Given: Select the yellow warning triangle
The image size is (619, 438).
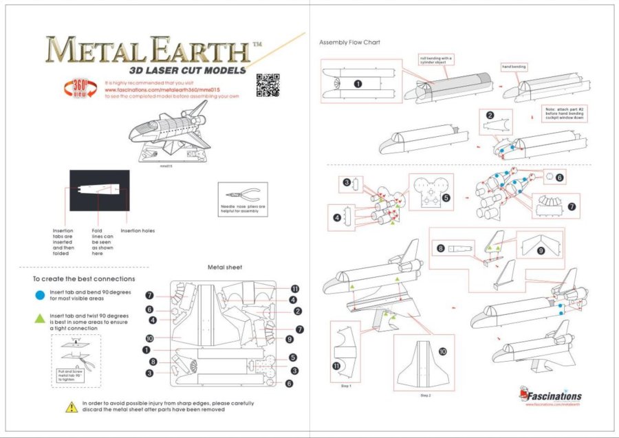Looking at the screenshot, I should pyautogui.click(x=72, y=407).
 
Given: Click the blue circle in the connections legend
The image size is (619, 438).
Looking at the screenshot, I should pyautogui.click(x=40, y=296).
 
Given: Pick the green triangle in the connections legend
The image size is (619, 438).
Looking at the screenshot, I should pyautogui.click(x=40, y=318).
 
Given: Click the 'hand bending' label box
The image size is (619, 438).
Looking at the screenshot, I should pyautogui.click(x=514, y=67).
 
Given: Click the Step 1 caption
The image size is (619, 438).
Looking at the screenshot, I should pyautogui.click(x=346, y=386).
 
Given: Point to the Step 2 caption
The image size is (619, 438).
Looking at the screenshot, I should pyautogui.click(x=424, y=395).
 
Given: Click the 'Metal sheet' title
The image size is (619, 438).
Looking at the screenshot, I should pyautogui.click(x=224, y=267).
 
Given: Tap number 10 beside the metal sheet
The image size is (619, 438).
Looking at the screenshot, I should pyautogui.click(x=148, y=338).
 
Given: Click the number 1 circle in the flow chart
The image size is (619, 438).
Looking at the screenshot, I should pyautogui.click(x=358, y=83).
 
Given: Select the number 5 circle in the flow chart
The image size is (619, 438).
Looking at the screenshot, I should pyautogui.click(x=446, y=198).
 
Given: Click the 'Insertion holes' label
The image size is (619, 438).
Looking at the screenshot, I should pyautogui.click(x=138, y=230).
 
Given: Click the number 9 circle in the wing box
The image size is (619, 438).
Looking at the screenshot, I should pyautogui.click(x=540, y=251).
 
